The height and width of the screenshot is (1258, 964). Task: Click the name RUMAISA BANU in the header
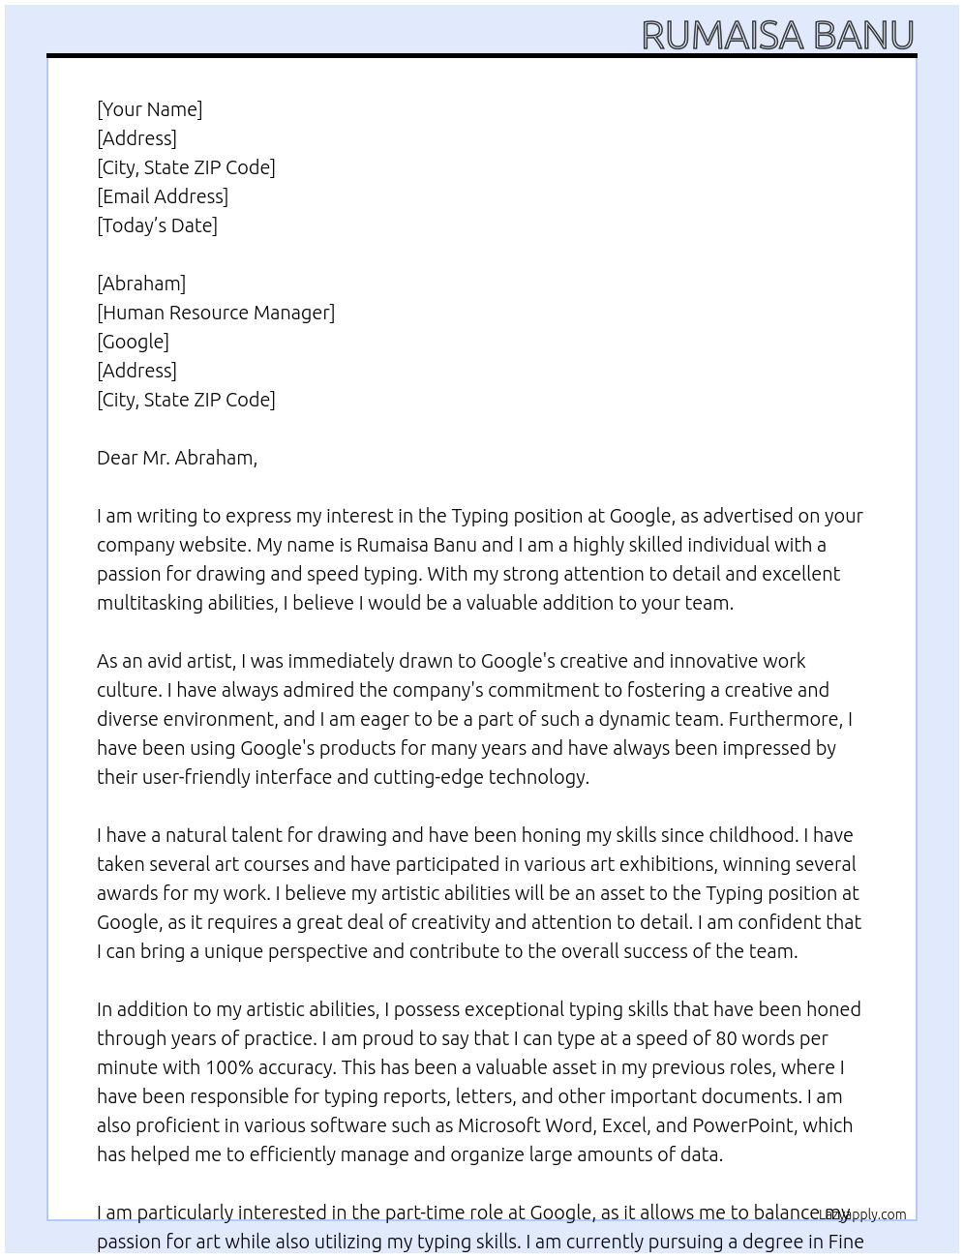[x=777, y=35]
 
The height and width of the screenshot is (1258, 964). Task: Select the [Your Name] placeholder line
[x=150, y=109]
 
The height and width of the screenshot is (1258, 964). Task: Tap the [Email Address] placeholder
[x=163, y=196]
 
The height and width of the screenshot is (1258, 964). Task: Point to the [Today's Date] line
[x=157, y=225]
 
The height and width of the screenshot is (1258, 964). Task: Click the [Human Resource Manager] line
[x=216, y=313]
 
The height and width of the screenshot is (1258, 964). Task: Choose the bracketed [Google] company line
[x=133, y=342]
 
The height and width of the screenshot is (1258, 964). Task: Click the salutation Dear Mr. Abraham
[x=177, y=458]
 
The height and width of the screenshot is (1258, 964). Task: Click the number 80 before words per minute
[x=727, y=1038]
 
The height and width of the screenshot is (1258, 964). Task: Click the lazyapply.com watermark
[x=862, y=1214]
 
